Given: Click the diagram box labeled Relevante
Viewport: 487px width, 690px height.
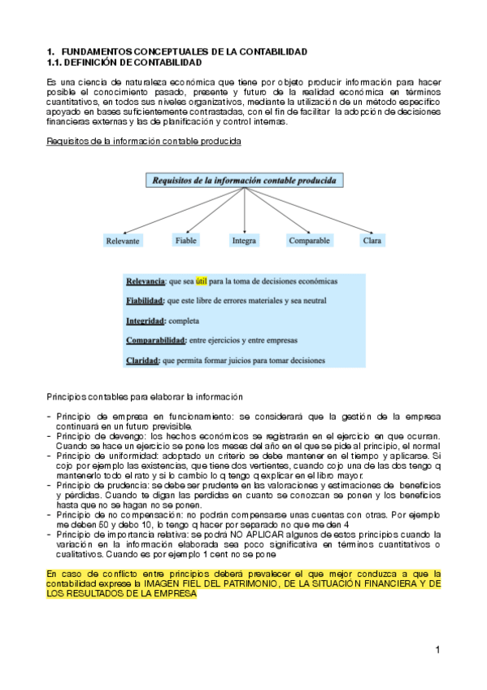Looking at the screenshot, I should point(123,241).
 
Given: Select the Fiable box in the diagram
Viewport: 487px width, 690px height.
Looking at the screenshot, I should point(185,240).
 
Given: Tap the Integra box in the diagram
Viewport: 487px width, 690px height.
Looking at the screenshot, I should point(244,241).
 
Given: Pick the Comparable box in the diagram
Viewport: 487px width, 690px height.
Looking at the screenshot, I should point(309,241).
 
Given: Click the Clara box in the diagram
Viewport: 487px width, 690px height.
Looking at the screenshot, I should point(372,241).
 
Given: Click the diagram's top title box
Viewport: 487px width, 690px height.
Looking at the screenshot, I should point(244,181).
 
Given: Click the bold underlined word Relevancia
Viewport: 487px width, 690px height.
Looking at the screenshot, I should point(145,281).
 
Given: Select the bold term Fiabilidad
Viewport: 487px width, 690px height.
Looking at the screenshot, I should point(146,301).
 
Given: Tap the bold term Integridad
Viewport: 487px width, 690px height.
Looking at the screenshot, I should point(144,321).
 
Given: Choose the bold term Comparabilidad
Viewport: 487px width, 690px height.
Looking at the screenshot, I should point(155,340).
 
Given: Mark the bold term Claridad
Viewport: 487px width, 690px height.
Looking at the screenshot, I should point(142,360).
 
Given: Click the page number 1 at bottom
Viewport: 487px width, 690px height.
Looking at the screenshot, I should point(437,649).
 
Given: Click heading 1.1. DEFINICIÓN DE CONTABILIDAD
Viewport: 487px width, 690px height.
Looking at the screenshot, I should point(124,63).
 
